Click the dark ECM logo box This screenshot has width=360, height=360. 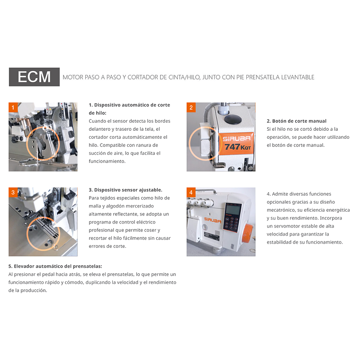[x=34, y=77]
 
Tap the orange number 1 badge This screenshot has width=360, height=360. [x=13, y=107]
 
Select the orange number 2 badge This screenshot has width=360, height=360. [x=191, y=107]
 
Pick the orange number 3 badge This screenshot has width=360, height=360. [x=13, y=192]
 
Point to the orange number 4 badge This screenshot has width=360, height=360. [x=191, y=192]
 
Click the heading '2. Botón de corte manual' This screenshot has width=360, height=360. [x=297, y=121]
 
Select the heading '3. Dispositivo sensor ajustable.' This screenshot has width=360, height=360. [x=126, y=190]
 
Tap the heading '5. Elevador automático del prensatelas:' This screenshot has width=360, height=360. [x=55, y=266]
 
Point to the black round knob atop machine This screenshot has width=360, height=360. [x=233, y=119]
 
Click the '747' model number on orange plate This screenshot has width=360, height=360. [x=232, y=146]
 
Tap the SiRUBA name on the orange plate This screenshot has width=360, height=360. [x=236, y=138]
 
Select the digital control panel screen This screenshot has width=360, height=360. [x=233, y=209]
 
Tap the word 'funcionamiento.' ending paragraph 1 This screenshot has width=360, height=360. [x=107, y=161]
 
